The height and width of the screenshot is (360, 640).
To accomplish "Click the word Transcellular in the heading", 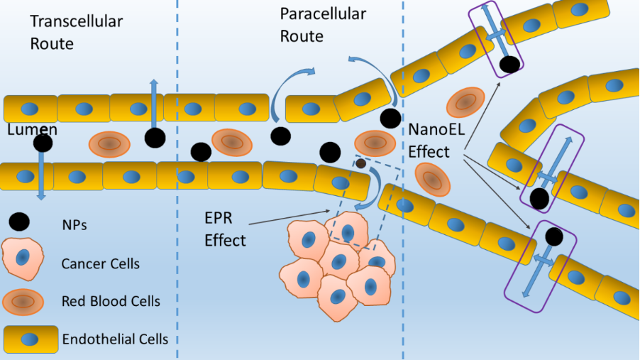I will tap(76, 21).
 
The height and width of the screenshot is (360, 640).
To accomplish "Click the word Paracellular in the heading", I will tap(323, 13).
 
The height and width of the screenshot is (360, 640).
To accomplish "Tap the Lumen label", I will tap(32, 130).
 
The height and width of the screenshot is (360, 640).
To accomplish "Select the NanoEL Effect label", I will tap(429, 141).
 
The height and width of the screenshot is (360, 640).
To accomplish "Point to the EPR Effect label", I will tap(225, 229).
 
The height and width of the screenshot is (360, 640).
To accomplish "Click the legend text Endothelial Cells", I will tap(116, 339).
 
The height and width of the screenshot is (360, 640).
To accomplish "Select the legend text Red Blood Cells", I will tap(111, 301).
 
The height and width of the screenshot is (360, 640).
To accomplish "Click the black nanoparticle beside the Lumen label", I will tap(43, 143).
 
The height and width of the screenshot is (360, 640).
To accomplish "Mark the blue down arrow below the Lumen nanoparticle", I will tap(41, 178).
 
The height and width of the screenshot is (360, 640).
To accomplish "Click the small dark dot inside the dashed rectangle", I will tap(360, 164).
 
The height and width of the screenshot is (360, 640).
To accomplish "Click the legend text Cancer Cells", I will tap(101, 264).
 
